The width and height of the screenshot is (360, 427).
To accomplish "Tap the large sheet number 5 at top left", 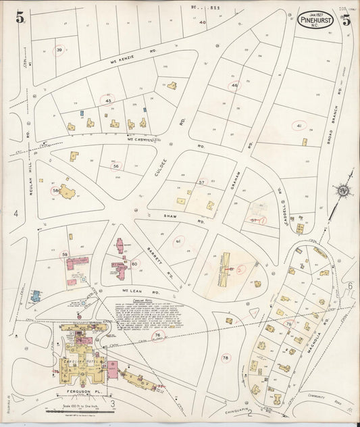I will pos(20,18).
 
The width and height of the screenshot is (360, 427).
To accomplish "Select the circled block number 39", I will pos(60,51).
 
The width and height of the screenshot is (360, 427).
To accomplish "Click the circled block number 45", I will pos(108,100).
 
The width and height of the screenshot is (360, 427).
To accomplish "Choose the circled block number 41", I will pos(298,125).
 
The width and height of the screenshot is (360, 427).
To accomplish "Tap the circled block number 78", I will pos(226,357).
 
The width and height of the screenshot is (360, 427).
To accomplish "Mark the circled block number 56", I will pos(116,166).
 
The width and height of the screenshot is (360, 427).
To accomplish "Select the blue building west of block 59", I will pos(35,295).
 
